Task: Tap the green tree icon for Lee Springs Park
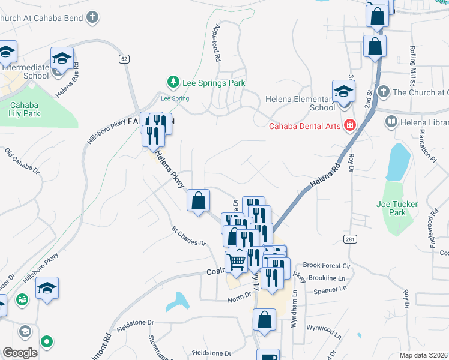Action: pos(173,81)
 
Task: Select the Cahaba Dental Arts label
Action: pos(304,126)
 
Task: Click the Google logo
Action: pos(20,353)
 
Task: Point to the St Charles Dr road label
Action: pos(188,236)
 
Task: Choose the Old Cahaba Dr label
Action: pos(22,161)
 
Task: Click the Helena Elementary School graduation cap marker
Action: pos(344,92)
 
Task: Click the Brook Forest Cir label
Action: pos(327,265)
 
